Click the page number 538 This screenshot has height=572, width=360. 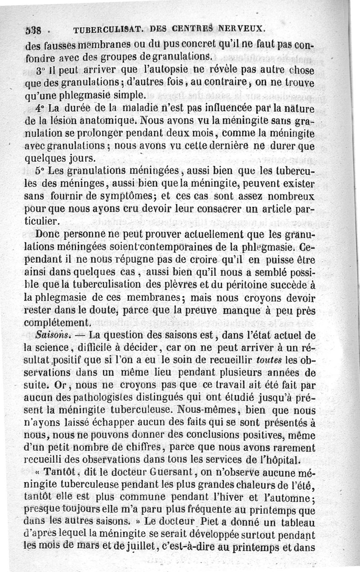[x=33, y=31]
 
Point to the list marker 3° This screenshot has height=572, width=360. [x=41, y=71]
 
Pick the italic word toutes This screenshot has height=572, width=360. [x=270, y=360]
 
